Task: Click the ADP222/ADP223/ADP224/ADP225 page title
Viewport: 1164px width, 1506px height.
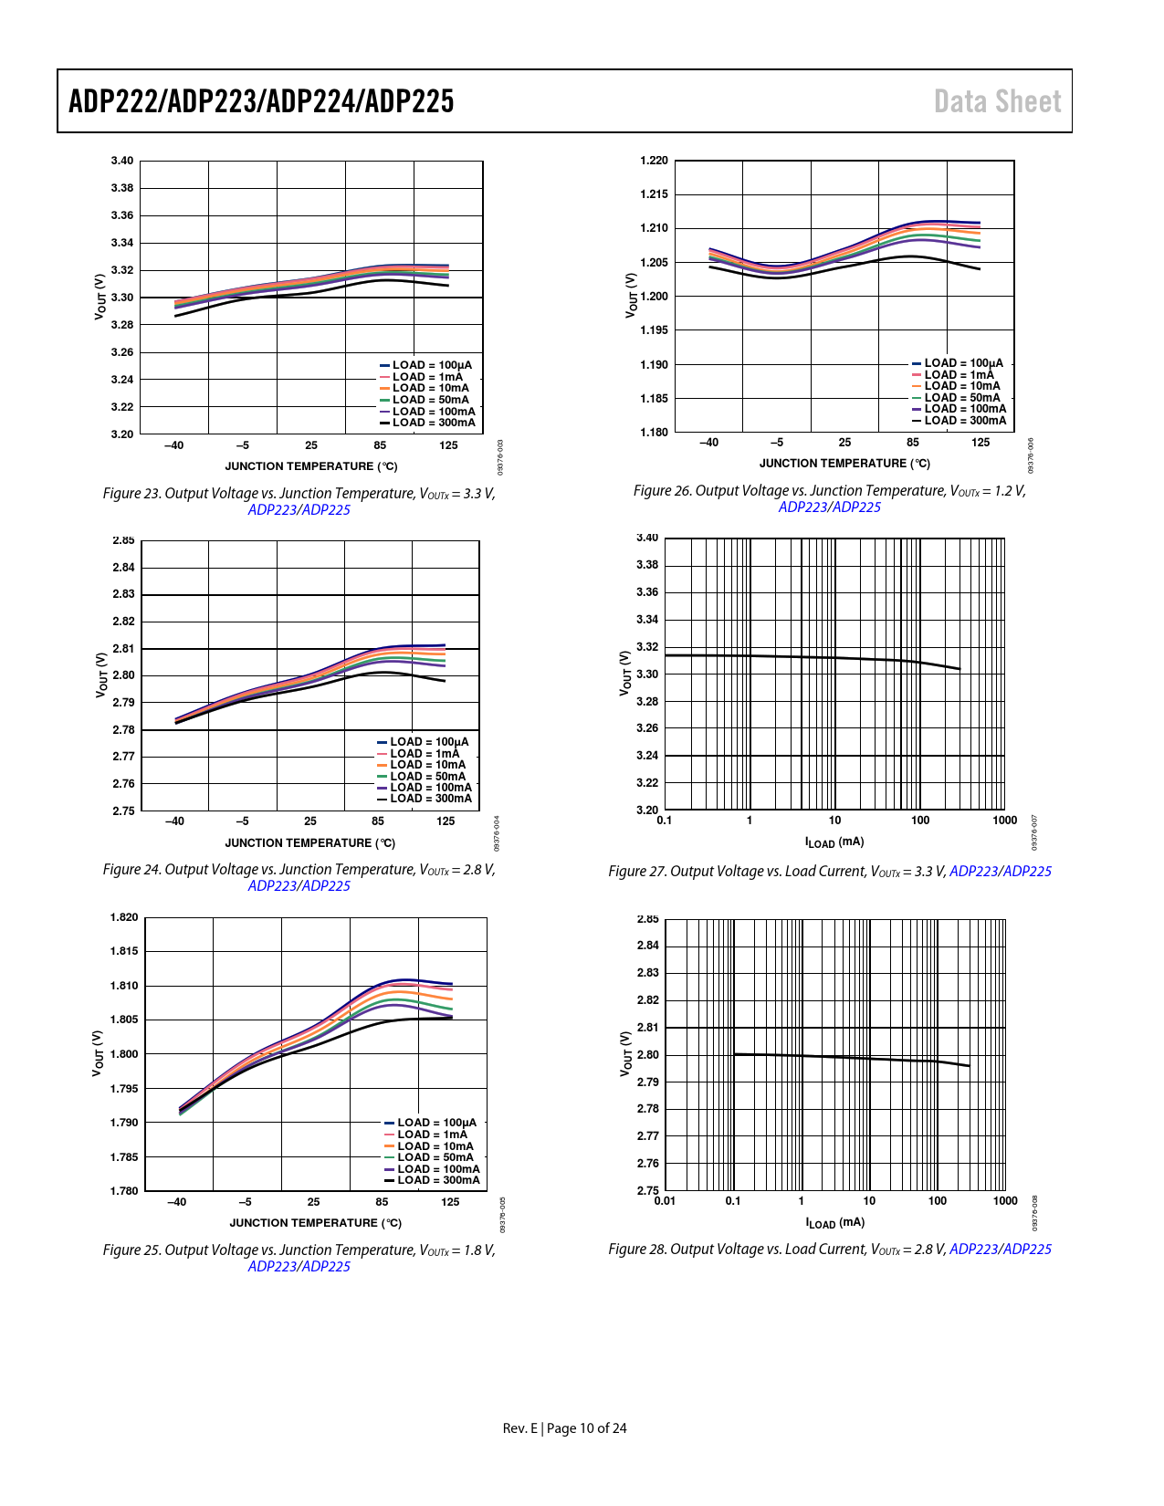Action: [x=261, y=101]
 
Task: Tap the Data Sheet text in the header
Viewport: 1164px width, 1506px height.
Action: [x=997, y=101]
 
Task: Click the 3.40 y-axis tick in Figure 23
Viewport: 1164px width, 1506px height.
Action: [x=122, y=161]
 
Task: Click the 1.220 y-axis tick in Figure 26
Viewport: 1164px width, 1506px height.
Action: [x=654, y=161]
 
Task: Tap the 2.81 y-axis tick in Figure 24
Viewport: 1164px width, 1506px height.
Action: [x=123, y=649]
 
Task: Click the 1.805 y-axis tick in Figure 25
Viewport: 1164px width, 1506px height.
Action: [x=124, y=1020]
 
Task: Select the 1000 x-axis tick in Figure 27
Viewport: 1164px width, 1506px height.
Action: [x=1004, y=821]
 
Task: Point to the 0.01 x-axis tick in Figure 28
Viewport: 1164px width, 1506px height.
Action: [x=665, y=1201]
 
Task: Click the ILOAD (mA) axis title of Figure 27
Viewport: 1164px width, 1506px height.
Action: [x=834, y=842]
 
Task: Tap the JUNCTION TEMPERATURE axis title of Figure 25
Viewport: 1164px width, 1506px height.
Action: [x=315, y=1223]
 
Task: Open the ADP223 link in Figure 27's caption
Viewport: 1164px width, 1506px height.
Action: [x=974, y=872]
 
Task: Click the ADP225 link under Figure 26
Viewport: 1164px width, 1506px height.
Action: [x=856, y=507]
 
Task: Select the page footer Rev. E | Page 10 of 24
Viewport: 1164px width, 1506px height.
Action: [x=564, y=1428]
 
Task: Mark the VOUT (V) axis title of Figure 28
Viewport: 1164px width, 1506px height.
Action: [x=626, y=1053]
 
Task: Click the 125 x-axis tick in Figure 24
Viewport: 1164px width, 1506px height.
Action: [x=446, y=821]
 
